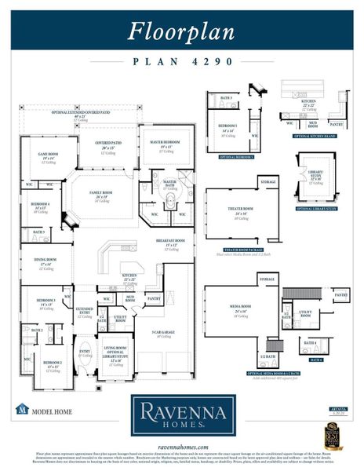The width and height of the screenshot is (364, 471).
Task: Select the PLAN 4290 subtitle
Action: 182,61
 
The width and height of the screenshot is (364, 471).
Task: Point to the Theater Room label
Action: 238,210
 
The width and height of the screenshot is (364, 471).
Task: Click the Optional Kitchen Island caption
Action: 315,136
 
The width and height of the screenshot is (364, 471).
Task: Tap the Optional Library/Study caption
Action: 316,208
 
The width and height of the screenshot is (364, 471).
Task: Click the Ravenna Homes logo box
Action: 182,414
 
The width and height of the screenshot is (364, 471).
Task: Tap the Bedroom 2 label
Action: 53,365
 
